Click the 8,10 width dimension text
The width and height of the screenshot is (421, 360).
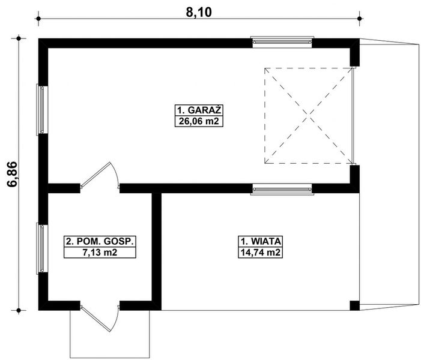(x=198, y=10)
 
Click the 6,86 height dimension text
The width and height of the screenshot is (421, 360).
(x=11, y=174)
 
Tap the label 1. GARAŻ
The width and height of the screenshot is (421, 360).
(x=199, y=110)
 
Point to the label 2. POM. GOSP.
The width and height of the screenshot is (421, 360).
(x=100, y=242)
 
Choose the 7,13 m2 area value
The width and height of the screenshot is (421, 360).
(x=100, y=253)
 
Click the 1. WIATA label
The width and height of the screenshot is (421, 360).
(x=261, y=242)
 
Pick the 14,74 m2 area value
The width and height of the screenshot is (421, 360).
(x=261, y=253)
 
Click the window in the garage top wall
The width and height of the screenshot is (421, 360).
(x=282, y=42)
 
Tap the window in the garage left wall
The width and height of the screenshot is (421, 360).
(x=42, y=109)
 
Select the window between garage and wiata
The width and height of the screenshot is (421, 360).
(x=282, y=189)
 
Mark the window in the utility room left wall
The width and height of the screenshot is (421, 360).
(x=42, y=248)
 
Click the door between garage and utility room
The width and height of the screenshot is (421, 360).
(x=100, y=178)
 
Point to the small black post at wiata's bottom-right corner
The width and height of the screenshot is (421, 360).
(x=354, y=306)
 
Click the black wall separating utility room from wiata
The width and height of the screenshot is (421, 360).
(x=157, y=249)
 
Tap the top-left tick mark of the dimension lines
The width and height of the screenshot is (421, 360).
(x=39, y=19)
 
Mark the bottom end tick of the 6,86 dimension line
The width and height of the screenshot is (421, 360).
(x=20, y=310)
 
